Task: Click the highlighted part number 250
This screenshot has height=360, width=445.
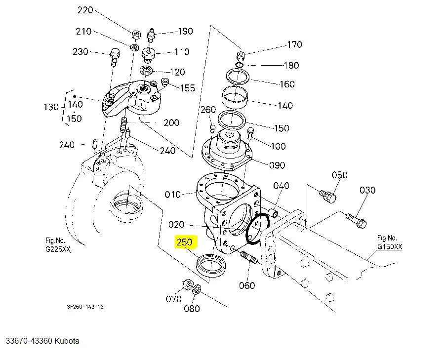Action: [x=185, y=242]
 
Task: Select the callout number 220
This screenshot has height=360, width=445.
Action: [x=85, y=10]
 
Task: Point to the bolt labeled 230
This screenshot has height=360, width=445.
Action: [x=114, y=57]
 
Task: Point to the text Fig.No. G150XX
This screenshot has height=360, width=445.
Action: [x=390, y=241]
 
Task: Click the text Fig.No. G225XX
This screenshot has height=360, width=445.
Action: [x=58, y=245]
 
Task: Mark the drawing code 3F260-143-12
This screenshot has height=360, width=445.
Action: [x=85, y=307]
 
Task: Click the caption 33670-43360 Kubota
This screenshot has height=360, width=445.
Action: [x=42, y=341]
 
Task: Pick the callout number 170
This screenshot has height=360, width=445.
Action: [x=294, y=45]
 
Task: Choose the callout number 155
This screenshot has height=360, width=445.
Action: [x=187, y=88]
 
